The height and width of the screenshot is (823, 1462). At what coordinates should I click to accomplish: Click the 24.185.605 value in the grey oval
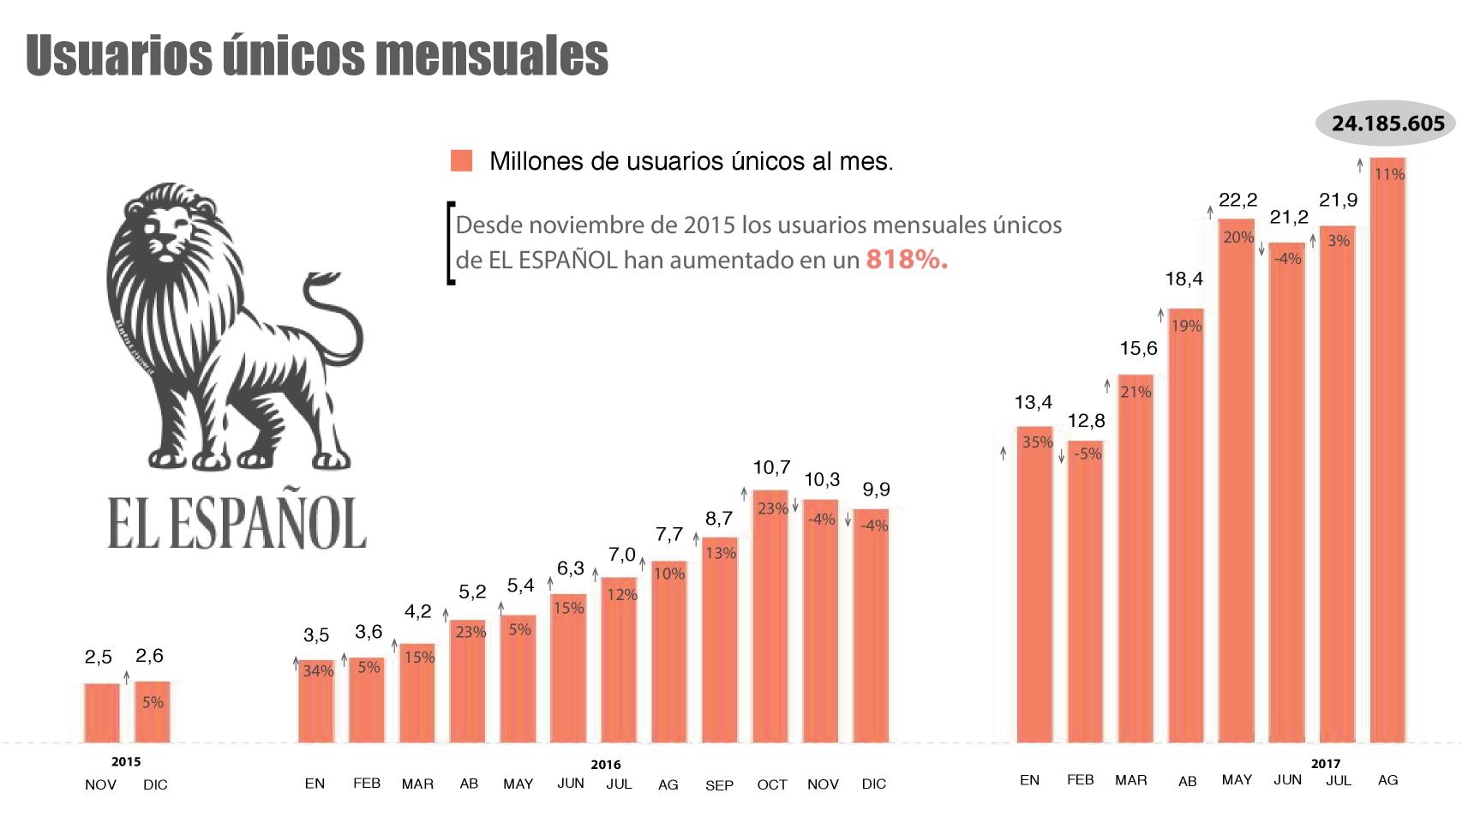coord(1387,147)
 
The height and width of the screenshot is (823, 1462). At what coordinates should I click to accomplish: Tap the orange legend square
coord(461,161)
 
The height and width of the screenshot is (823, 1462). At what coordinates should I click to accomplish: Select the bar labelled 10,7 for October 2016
coord(770,617)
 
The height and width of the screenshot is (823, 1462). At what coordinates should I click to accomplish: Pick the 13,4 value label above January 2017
coord(1033,402)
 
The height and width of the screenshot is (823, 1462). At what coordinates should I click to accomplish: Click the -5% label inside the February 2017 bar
coord(1087,454)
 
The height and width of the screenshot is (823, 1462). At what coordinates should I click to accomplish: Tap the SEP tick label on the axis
coord(718,785)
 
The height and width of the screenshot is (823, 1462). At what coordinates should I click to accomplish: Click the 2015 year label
coord(126,761)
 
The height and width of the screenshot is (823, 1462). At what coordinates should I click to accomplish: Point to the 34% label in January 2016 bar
coord(317,671)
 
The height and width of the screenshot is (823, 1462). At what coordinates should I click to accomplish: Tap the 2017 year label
coord(1325,763)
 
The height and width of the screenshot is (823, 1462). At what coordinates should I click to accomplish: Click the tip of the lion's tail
coord(312,279)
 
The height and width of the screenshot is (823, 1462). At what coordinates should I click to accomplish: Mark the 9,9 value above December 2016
coord(875,490)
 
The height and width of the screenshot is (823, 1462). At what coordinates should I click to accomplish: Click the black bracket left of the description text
coord(450,243)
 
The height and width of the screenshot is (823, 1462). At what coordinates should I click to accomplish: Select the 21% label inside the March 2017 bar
coord(1136,392)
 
